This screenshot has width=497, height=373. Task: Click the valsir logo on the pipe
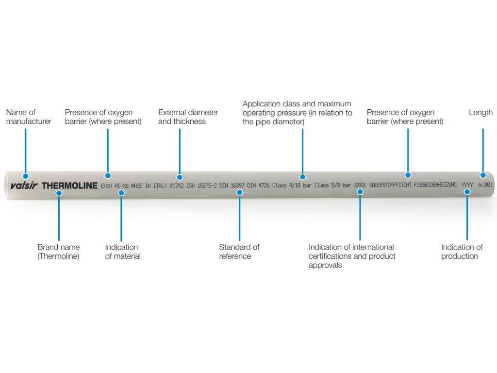coord(24,186)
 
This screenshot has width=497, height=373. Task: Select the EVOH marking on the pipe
coord(106,186)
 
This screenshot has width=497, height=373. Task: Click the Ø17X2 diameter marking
coord(176,186)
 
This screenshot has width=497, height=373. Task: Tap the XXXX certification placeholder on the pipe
coord(359,186)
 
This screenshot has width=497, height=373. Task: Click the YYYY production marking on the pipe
coord(466,185)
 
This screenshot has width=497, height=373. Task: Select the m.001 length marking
coord(485,185)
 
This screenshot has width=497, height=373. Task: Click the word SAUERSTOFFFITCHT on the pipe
coord(391,186)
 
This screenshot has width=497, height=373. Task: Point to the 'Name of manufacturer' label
coord(29,117)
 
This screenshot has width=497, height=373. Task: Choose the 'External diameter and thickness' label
coord(188,117)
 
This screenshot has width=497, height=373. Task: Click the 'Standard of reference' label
coord(239,252)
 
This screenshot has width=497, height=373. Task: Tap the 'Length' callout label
coord(480,113)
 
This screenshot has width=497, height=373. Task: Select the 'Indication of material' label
coord(123,252)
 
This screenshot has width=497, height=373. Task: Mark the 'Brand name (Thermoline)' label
coord(58,252)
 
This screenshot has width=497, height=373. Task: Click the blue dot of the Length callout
coord(483,175)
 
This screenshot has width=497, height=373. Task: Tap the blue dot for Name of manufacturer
coord(26,176)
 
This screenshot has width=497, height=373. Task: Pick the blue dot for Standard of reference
coord(239,192)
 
